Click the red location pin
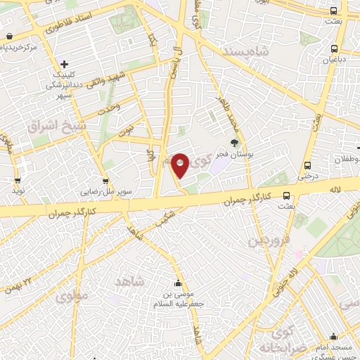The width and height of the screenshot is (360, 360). point(181,165)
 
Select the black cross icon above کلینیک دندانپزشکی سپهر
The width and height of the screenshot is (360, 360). point(64,64)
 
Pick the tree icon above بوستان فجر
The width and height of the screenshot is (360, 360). point(234,141)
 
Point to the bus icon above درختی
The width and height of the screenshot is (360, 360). point(307,166)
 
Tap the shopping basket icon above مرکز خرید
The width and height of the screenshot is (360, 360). point(8,36)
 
